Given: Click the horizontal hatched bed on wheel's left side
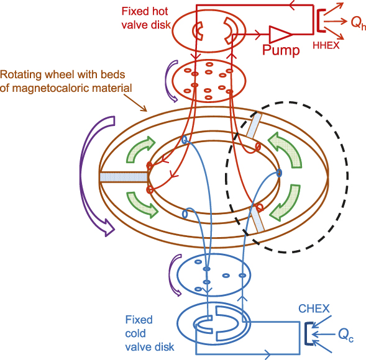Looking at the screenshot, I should click(x=122, y=178).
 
